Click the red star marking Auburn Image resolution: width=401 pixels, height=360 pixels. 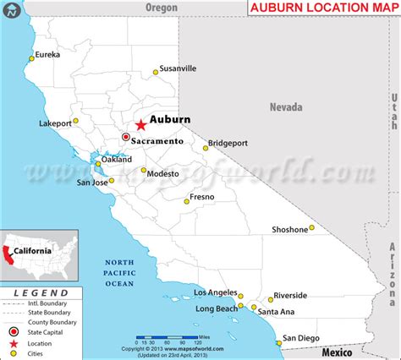coord(140,124)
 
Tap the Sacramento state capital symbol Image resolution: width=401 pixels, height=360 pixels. coord(126,137)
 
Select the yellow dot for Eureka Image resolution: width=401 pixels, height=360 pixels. coord(32,58)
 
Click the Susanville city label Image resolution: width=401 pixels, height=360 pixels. coord(179,68)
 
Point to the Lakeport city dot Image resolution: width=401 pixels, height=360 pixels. coord(75,121)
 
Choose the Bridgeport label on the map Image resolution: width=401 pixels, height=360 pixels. coord(227,143)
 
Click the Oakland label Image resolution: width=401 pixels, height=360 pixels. coord(117,159)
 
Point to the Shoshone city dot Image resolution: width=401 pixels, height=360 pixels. coord(311,226)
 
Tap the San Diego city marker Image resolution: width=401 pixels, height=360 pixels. coord(278,342)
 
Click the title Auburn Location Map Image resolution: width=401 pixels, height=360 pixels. coord(321,8)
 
